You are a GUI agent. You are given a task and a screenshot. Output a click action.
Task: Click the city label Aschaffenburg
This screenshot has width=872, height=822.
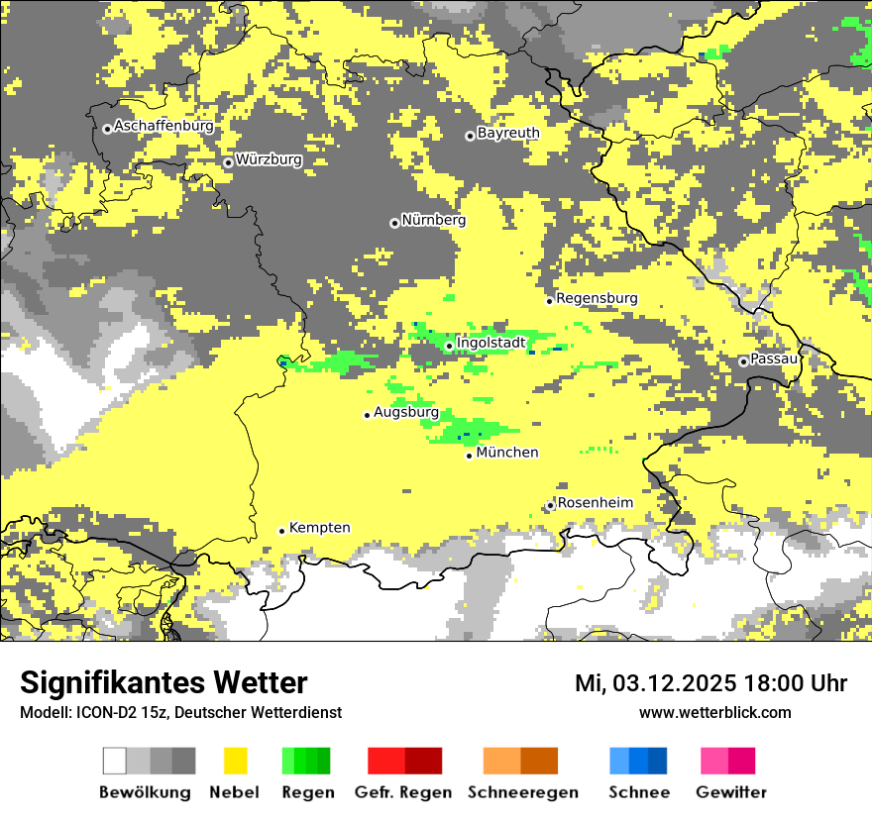click(163, 127)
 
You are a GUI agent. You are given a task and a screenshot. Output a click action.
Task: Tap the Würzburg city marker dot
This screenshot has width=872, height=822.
click(228, 162)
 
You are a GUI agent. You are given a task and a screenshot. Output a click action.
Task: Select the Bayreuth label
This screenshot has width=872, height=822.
click(508, 133)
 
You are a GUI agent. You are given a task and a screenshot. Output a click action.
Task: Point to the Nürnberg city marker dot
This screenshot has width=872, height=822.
click(394, 223)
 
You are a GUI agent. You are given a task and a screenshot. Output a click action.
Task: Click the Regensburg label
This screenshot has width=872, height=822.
click(597, 298)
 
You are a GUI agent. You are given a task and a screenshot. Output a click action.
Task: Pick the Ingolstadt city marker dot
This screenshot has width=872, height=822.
click(449, 346)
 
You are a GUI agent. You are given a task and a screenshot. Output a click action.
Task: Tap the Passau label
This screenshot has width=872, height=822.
click(774, 359)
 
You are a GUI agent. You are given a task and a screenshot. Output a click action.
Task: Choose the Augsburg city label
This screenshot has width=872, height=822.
click(406, 412)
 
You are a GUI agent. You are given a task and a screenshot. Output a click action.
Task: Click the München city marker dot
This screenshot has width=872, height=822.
click(470, 456)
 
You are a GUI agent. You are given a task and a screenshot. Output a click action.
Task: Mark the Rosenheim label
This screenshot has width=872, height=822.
click(595, 503)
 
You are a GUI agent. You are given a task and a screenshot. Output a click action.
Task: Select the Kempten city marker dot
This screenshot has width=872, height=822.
click(282, 531)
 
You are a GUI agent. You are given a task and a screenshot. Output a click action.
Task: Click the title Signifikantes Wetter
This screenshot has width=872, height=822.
click(163, 683)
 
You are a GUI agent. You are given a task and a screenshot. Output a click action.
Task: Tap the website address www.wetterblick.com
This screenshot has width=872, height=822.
click(714, 712)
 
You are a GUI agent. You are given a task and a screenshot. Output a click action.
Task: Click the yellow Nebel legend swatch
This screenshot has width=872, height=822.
click(235, 761)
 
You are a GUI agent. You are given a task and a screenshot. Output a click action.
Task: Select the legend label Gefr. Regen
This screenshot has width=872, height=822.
click(403, 792)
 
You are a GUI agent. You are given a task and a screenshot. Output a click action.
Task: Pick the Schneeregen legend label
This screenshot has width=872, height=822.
click(523, 792)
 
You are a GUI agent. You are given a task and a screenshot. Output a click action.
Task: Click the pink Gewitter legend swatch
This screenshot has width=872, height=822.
click(714, 761)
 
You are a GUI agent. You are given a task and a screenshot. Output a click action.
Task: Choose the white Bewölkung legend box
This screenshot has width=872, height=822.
click(115, 761)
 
